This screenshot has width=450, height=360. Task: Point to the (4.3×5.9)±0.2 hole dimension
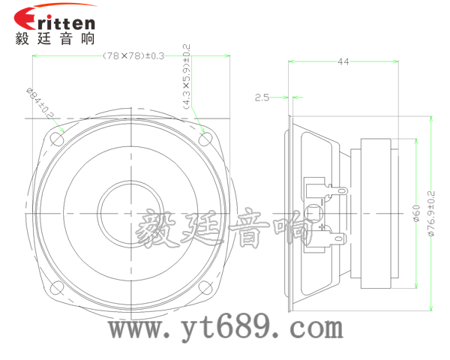click(185, 76)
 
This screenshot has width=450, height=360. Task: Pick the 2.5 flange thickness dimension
click(262, 97)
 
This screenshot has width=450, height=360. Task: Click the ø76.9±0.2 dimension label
click(430, 214)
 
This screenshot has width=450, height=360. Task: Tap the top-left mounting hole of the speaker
click(58, 139)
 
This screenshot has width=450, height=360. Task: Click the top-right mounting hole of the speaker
click(206, 139)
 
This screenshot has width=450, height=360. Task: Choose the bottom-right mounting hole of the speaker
click(206, 287)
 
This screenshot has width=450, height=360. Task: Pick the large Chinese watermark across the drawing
click(225, 229)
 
